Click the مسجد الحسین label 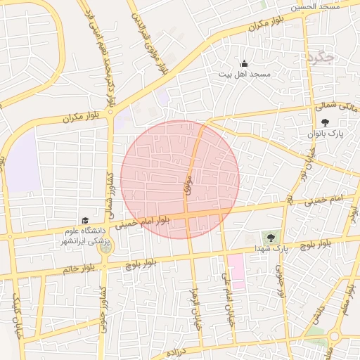[319, 6]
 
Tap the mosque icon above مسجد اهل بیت [244, 64]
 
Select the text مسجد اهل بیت [244, 74]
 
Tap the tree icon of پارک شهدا [269, 236]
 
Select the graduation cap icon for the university [85, 221]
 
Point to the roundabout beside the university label [105, 247]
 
